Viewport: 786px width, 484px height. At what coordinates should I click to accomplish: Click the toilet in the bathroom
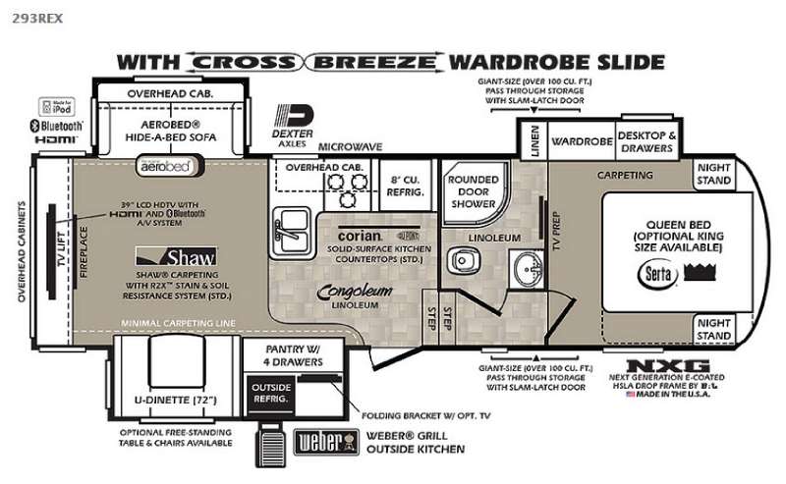461,259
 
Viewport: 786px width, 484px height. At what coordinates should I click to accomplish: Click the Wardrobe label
581,141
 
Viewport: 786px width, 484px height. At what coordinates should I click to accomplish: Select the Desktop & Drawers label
646,141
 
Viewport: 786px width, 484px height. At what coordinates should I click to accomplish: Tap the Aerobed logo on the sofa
164,167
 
